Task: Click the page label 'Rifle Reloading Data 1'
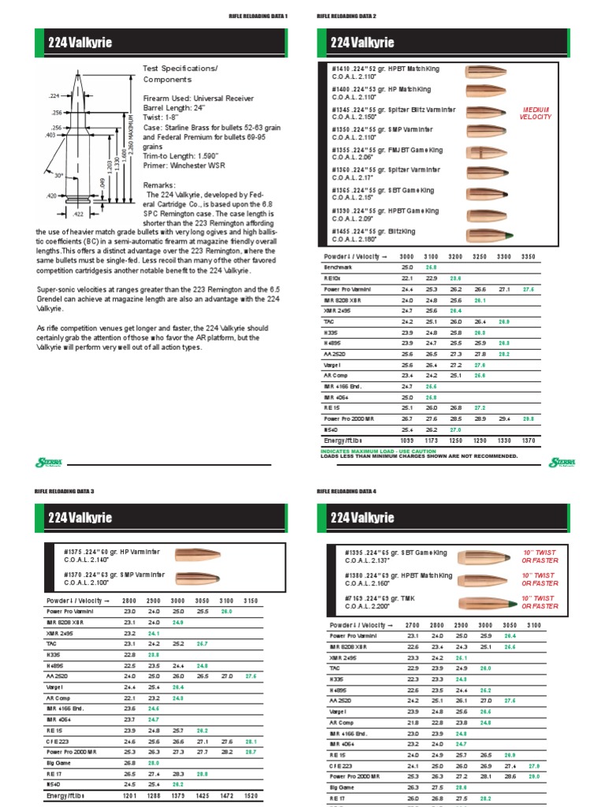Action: (258, 16)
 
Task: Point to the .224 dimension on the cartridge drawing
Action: (54, 94)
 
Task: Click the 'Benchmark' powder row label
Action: (339, 267)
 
